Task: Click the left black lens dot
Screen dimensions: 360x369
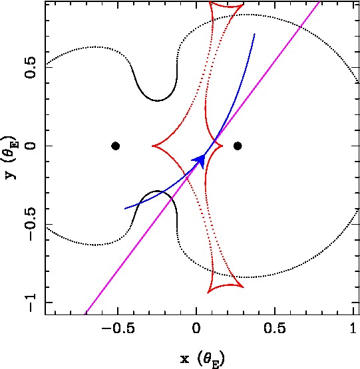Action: click(x=115, y=146)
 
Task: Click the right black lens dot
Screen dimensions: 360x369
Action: click(x=238, y=146)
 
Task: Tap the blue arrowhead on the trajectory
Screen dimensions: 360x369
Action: click(x=200, y=161)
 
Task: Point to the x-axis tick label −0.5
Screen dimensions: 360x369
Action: click(x=118, y=328)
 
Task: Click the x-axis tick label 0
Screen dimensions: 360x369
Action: click(x=196, y=328)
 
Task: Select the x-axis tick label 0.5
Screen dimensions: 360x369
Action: click(x=275, y=328)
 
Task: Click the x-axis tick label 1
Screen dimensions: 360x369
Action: click(x=353, y=328)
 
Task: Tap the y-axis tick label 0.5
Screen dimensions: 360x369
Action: click(x=31, y=67)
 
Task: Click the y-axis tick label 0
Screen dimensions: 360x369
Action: click(x=31, y=146)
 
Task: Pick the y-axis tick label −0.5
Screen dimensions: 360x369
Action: click(x=31, y=224)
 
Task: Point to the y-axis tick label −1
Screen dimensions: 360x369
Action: click(x=31, y=303)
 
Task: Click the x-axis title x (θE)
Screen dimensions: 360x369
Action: click(x=202, y=360)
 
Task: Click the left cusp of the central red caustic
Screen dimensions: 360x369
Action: click(x=152, y=146)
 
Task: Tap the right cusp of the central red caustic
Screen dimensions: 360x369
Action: click(x=222, y=146)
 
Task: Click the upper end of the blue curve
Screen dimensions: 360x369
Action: click(x=254, y=34)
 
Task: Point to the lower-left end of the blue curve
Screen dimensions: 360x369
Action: click(x=125, y=209)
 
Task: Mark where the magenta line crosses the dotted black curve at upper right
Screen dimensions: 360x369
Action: click(x=300, y=27)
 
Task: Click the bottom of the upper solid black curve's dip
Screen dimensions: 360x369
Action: click(x=157, y=100)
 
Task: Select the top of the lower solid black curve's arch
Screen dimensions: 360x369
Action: click(x=157, y=191)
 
